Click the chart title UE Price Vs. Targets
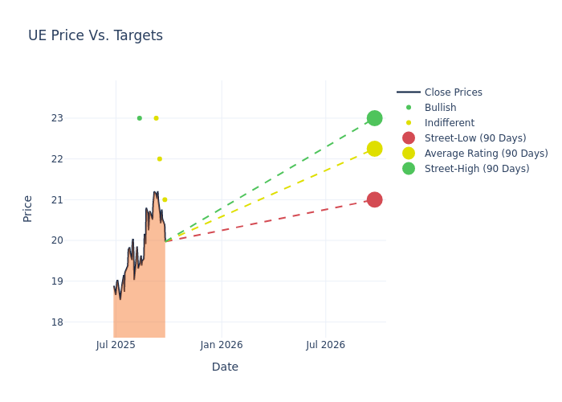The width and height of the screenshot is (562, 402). (96, 35)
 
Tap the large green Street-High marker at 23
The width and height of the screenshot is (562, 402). (374, 118)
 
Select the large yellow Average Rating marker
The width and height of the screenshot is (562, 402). (374, 149)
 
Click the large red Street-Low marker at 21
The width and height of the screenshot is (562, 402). (374, 199)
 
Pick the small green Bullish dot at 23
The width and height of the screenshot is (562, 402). (139, 118)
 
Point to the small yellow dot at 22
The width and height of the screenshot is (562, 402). (159, 159)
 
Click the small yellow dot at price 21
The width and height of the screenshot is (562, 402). (165, 199)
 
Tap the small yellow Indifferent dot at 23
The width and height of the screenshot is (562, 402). (156, 118)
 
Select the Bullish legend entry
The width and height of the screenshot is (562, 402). (440, 108)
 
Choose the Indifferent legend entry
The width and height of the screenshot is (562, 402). (449, 123)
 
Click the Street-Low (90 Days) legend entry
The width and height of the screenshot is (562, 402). (475, 138)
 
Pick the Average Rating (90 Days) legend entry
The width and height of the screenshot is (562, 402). (486, 154)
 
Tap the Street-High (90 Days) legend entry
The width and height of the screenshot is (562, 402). (477, 169)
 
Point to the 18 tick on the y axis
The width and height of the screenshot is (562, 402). (79, 322)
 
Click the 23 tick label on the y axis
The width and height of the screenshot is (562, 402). (79, 118)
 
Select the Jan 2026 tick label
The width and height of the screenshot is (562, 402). (222, 345)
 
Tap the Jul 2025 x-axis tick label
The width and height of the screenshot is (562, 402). (116, 345)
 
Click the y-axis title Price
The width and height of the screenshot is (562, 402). (28, 208)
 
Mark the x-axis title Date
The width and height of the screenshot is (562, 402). (225, 367)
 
